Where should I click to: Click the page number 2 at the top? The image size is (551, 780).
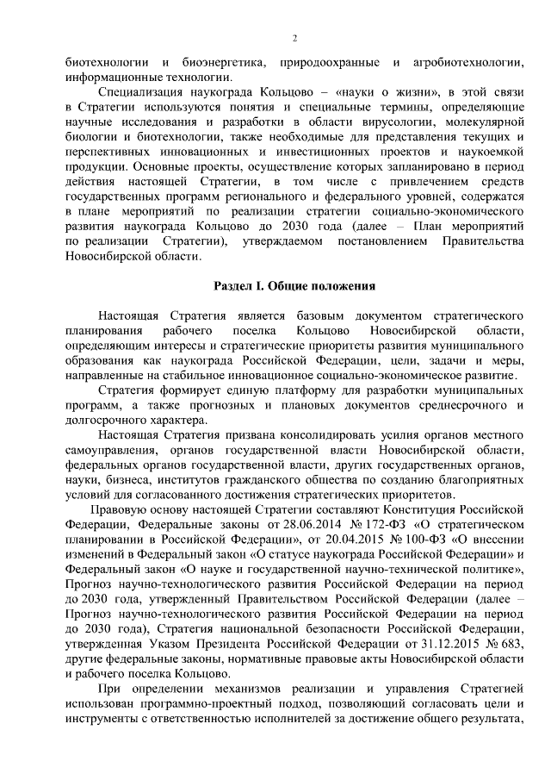pos(294,39)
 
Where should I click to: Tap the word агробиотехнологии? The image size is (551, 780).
pos(470,64)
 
